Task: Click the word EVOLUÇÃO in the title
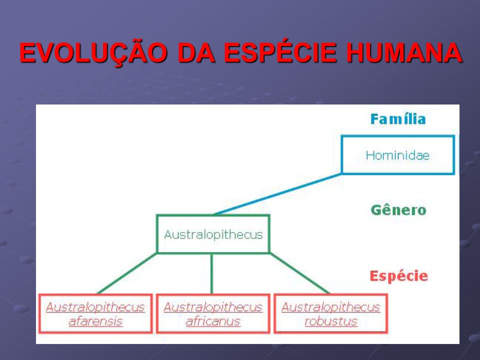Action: (93, 52)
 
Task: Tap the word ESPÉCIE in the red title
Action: (280, 52)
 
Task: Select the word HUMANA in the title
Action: (404, 52)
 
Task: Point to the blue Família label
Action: (398, 119)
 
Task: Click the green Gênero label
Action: (398, 210)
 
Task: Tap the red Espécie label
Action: (398, 276)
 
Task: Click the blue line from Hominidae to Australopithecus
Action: (277, 194)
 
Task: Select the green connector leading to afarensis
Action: (126, 273)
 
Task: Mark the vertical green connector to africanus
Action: (211, 273)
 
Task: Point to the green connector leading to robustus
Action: (299, 273)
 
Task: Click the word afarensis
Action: (95, 321)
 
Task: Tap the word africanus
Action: (213, 321)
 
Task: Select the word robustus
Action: (331, 321)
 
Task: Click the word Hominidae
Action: (397, 155)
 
